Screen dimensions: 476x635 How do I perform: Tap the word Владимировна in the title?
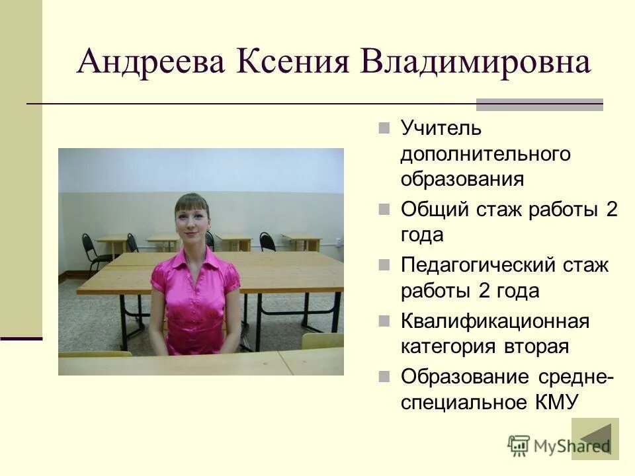(476, 63)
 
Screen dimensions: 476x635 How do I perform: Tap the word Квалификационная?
(495, 322)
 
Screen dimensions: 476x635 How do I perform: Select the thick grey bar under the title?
(540, 104)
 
